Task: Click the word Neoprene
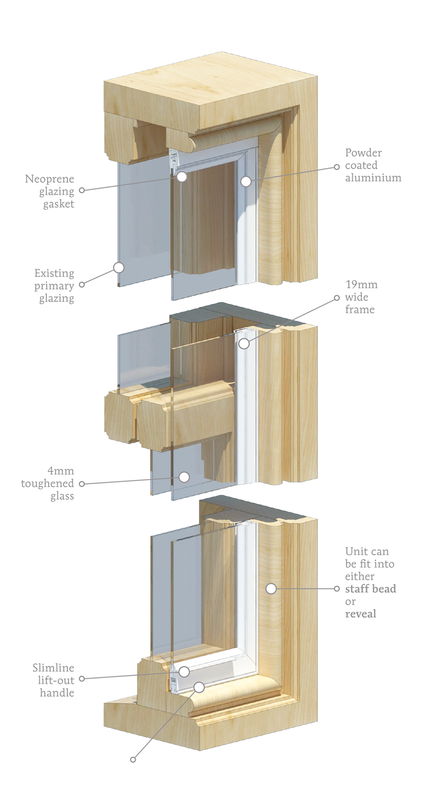coord(50,179)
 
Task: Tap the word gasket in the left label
coord(59,204)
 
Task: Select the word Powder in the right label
coord(364,153)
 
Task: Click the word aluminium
coord(373,177)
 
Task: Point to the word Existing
coord(54,273)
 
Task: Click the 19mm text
coord(361,284)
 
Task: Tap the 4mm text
coord(61,471)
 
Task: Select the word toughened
coord(47,483)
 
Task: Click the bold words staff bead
coord(371,589)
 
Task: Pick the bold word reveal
coord(361,614)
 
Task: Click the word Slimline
coord(54,668)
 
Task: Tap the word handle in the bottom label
coord(57,693)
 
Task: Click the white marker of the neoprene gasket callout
coord(182,176)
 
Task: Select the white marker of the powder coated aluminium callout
coord(246,181)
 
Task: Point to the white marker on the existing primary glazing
coord(119,268)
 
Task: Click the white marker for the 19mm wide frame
coord(244,344)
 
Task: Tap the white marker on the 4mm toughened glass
coord(184,477)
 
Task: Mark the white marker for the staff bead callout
coord(271,589)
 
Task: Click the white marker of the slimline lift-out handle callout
coord(184,672)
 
